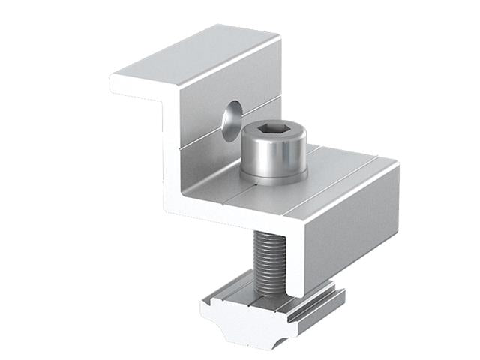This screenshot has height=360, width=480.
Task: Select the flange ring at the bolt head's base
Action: pyautogui.click(x=274, y=178)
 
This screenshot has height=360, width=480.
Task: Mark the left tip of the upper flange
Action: pyautogui.click(x=115, y=81)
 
